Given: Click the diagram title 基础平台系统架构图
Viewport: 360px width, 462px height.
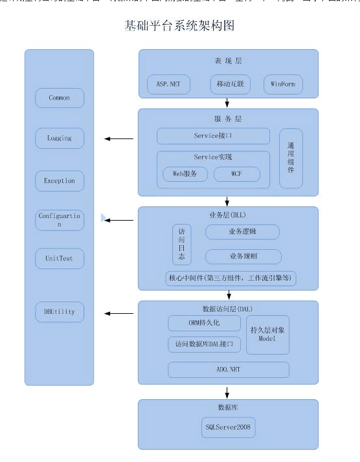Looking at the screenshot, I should click(x=179, y=26).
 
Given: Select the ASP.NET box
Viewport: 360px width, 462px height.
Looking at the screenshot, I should click(x=168, y=85).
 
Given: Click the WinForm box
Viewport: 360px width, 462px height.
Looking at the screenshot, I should click(x=283, y=85).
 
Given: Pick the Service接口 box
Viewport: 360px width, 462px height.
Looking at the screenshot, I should click(x=213, y=136).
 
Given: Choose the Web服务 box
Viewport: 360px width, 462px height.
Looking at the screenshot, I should click(x=185, y=174).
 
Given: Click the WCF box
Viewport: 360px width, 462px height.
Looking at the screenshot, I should click(x=236, y=174).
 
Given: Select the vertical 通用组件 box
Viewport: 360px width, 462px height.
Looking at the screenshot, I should click(x=291, y=159).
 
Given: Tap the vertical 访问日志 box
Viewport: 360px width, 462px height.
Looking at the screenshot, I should click(x=182, y=245).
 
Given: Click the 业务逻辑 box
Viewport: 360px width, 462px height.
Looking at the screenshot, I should click(x=243, y=232).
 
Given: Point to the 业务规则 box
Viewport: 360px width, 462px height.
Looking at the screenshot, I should click(x=243, y=256).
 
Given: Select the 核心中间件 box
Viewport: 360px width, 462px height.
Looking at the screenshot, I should click(x=231, y=279).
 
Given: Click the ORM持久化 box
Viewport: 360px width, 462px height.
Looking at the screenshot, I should click(x=204, y=322).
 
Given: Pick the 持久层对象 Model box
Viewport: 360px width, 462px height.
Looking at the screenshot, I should click(x=267, y=335).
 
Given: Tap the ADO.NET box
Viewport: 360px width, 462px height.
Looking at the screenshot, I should click(x=228, y=369).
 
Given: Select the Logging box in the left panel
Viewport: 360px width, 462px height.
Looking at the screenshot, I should click(x=60, y=138).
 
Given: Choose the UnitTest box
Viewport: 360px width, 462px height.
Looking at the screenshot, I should click(x=60, y=258).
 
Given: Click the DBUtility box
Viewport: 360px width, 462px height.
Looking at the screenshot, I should click(x=60, y=312).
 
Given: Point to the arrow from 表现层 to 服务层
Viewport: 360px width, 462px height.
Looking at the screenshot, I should click(x=227, y=102).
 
